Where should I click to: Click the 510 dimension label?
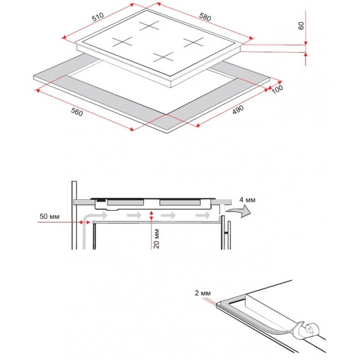coord(98,17)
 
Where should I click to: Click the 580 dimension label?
coord(205,17)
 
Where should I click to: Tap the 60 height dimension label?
coord(301,25)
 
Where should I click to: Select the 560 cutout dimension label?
coord(77,112)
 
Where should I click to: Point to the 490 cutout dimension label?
coord(238,110)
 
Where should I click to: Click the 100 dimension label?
coord(277,89)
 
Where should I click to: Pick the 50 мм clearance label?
coord(50,216)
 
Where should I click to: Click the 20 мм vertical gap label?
coord(157,239)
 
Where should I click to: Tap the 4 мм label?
coord(247,200)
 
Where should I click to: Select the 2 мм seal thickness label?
coord(203,293)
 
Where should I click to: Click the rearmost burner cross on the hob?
coord(149,25)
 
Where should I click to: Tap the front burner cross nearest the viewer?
coord(163,57)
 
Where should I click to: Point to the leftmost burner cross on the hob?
coord(122,41)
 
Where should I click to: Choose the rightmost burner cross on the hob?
coord(194,42)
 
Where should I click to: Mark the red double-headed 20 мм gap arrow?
coord(151,215)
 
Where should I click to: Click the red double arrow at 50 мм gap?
coord(85,222)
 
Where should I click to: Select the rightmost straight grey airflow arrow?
coord(203,215)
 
